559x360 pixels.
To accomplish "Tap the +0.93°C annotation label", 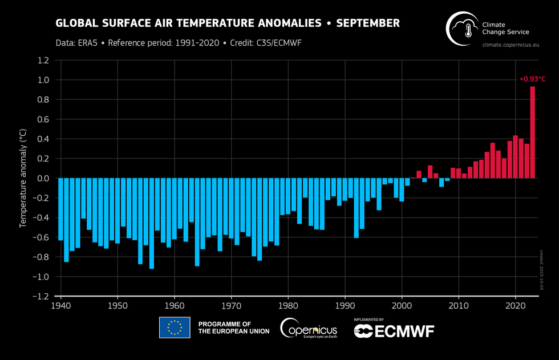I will coord(532,79).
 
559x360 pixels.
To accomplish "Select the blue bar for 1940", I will coord(61,209).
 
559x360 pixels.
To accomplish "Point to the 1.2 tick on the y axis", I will coord(43,60).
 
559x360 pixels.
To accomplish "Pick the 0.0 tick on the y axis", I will coord(43,179).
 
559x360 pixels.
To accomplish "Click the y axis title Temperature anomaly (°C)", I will coord(23,178).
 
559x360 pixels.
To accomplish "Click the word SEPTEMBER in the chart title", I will coord(368,23).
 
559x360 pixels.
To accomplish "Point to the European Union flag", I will coord(175,328).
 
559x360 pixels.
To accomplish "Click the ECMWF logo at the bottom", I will coord(394,331).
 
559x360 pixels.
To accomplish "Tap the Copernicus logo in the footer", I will coord(309,328).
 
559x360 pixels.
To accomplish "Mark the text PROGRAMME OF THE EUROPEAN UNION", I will coord(233,328).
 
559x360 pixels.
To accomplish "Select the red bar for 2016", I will coord(493,160).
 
